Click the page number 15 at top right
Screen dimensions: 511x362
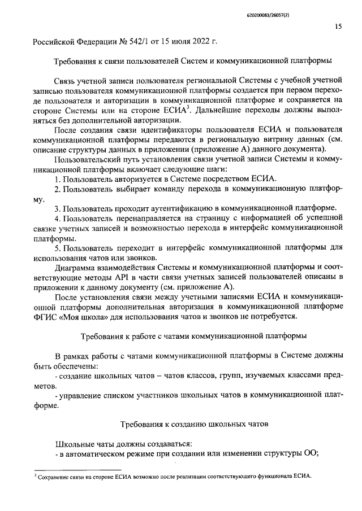338,25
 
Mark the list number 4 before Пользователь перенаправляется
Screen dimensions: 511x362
57,218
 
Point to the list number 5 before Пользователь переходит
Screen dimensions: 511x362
57,247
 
